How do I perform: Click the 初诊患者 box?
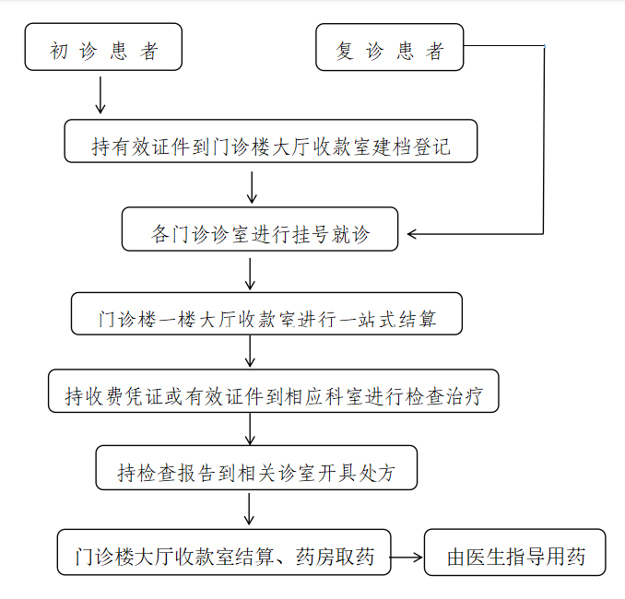click(103, 47)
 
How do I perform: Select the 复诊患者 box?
click(389, 47)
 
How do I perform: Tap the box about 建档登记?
click(271, 141)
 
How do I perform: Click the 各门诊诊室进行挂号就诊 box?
click(260, 229)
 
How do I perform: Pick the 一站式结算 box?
click(266, 313)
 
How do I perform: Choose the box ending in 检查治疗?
click(274, 391)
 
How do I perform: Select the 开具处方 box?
click(256, 468)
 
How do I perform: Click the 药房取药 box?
click(224, 552)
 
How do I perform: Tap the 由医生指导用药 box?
click(515, 552)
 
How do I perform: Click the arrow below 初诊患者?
click(100, 95)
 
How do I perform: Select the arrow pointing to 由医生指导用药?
click(407, 558)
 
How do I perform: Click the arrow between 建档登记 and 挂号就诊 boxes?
click(252, 187)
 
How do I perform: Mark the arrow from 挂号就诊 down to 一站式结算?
click(250, 275)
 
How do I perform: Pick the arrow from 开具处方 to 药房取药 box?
click(249, 510)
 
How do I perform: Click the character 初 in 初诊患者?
click(58, 51)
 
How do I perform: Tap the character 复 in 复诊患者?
click(345, 51)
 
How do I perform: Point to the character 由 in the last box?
click(456, 557)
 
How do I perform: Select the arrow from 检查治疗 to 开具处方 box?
click(250, 429)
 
